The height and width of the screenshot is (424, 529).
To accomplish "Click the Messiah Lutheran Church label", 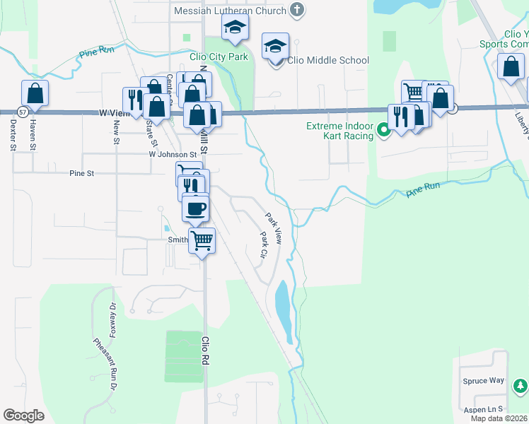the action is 231,11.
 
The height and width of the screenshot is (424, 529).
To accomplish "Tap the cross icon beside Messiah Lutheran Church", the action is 297,11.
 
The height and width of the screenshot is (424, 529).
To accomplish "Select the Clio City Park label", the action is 219,57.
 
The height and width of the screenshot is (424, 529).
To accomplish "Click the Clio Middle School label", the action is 328,60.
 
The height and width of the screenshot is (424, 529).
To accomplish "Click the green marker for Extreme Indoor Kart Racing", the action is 384,130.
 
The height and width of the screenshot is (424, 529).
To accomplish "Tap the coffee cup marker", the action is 196,208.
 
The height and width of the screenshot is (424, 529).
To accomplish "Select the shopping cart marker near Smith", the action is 202,241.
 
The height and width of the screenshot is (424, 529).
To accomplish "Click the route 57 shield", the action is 23,112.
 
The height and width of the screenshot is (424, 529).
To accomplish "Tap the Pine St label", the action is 82,173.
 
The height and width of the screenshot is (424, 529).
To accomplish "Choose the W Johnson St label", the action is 173,154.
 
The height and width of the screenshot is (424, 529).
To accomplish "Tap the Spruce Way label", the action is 487,380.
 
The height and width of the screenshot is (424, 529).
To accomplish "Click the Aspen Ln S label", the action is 482,409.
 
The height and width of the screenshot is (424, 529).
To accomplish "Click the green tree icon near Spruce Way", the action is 521,386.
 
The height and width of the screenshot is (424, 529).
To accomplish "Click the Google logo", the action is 23,416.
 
